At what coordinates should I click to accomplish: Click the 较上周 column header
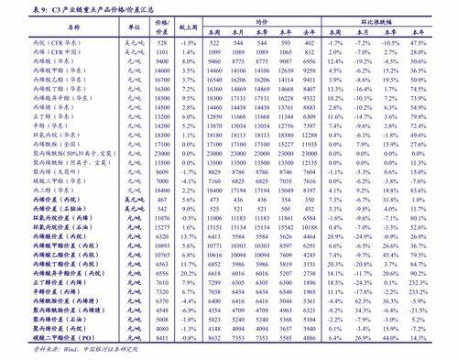(x=189, y=28)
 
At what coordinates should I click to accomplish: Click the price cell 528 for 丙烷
(x=163, y=43)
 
